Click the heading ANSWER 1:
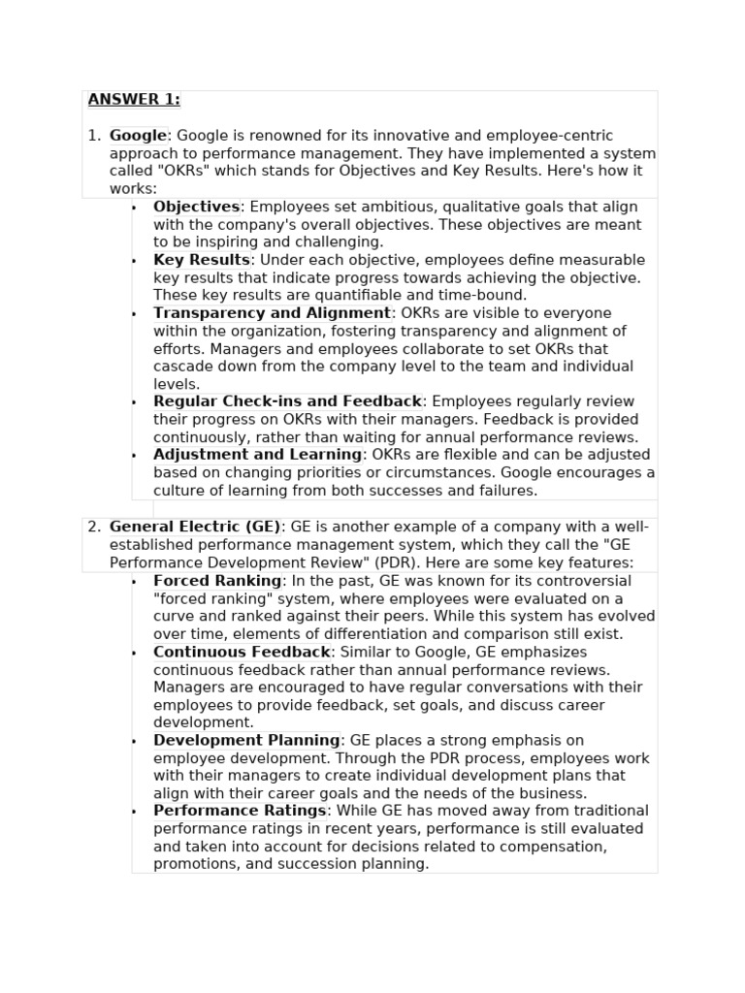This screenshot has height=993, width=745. (x=134, y=100)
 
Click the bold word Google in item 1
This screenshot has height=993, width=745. (x=138, y=136)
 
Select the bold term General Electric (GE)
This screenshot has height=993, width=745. (x=195, y=527)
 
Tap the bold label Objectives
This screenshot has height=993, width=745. (x=196, y=207)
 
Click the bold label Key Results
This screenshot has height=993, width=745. (x=202, y=260)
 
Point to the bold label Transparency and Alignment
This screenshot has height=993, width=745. (x=272, y=313)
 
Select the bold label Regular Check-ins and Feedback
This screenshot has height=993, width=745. (x=287, y=401)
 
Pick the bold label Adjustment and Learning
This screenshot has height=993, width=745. (x=257, y=455)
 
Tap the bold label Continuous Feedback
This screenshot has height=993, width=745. (x=242, y=652)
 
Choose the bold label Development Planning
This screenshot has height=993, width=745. (x=246, y=741)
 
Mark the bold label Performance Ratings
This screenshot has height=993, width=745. (x=240, y=811)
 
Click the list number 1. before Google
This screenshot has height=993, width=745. (x=94, y=136)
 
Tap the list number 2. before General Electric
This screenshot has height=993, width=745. (x=94, y=527)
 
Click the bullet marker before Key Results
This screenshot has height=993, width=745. (x=134, y=261)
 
